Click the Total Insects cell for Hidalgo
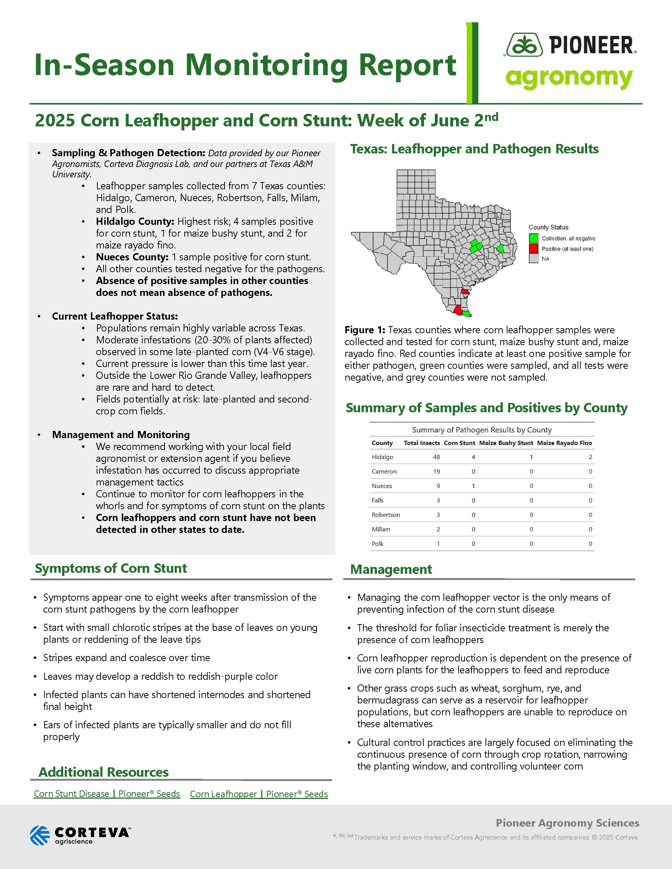436,457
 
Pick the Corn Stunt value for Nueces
473,486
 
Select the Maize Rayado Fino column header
564,443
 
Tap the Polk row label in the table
377,544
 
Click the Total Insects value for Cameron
436,471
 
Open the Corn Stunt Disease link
107,794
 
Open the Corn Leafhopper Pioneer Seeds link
259,794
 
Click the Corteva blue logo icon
40,835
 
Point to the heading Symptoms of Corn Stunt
111,568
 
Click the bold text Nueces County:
132,257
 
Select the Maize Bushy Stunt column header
506,443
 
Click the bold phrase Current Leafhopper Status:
115,316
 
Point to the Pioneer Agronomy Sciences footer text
567,823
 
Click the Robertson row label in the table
385,515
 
